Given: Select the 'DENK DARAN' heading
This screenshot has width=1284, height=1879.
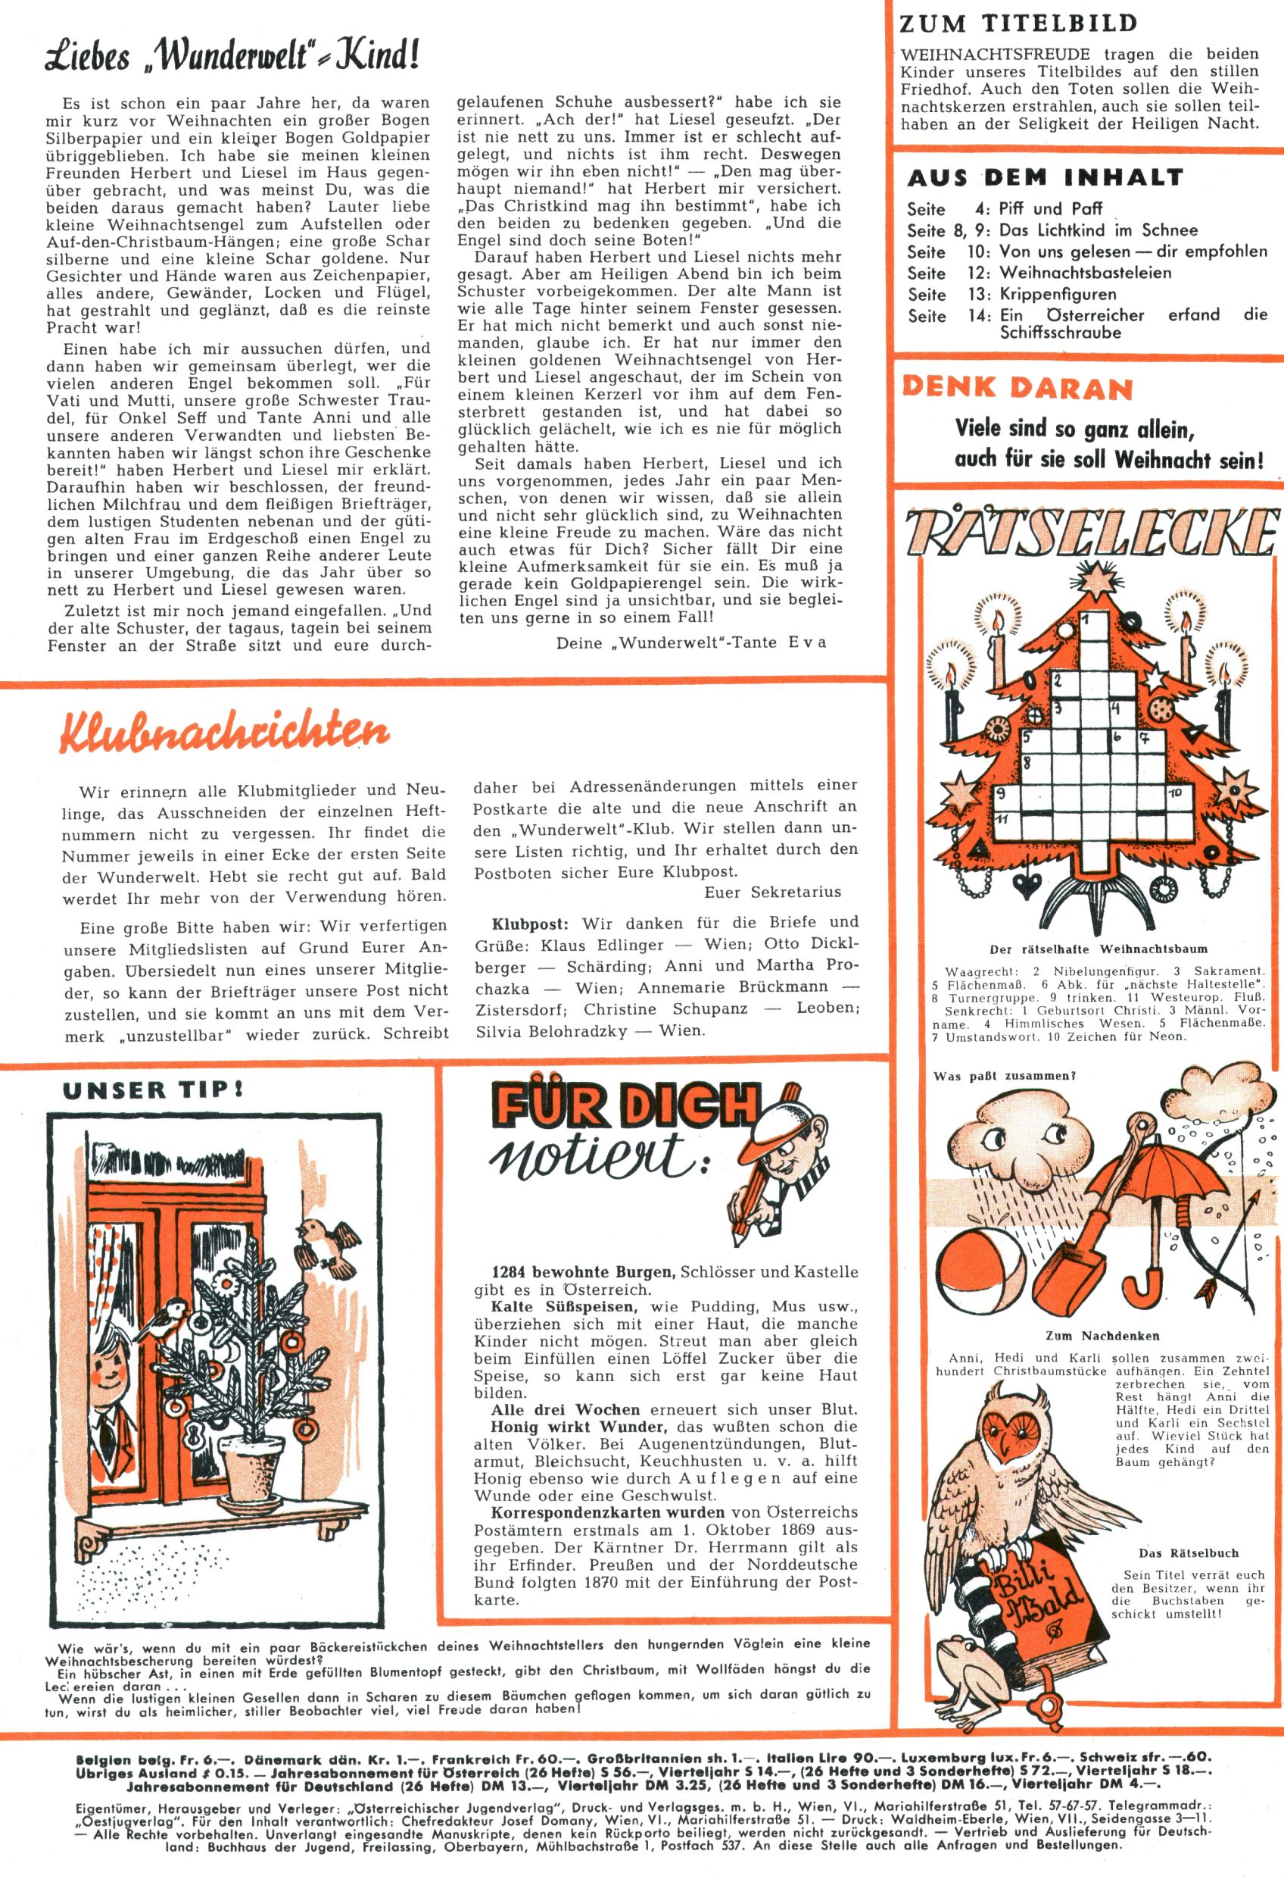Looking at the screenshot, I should click(1018, 388).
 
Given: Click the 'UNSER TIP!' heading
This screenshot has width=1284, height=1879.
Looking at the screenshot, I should click(154, 1090).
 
